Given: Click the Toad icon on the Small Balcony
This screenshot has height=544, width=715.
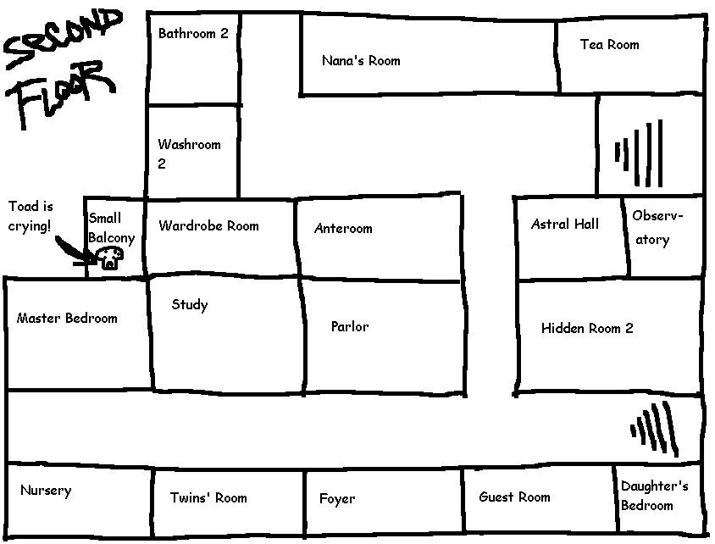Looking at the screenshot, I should click(x=110, y=258).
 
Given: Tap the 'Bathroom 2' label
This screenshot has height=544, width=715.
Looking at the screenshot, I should click(x=193, y=34).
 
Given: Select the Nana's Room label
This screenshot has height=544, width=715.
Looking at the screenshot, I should click(x=361, y=61).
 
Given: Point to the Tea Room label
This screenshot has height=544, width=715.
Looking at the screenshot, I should click(x=609, y=44).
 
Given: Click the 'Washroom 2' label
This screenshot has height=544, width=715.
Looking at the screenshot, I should click(x=188, y=153).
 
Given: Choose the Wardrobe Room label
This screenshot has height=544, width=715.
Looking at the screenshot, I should click(x=208, y=226).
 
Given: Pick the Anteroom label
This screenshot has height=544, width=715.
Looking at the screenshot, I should click(x=343, y=229).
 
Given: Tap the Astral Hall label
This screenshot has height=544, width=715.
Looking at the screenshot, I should click(x=564, y=225).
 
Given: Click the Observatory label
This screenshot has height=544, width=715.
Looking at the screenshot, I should click(x=657, y=227).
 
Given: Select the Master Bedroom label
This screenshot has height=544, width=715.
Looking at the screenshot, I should click(x=67, y=319).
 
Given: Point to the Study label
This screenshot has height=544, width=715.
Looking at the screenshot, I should click(x=189, y=305).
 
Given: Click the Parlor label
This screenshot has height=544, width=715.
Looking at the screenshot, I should click(x=350, y=326).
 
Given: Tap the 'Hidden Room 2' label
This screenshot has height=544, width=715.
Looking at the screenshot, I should click(x=587, y=329).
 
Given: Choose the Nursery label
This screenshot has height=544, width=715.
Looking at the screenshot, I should click(x=46, y=491).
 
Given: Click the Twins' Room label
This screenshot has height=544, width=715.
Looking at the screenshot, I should click(x=208, y=497).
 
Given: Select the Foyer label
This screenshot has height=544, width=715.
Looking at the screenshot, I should click(x=337, y=499).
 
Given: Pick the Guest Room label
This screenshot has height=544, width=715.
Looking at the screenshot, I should click(x=514, y=497).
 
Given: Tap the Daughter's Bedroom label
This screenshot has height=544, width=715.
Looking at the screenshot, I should click(x=654, y=496).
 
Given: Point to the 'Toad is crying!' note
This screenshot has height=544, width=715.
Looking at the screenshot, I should click(x=30, y=216).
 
